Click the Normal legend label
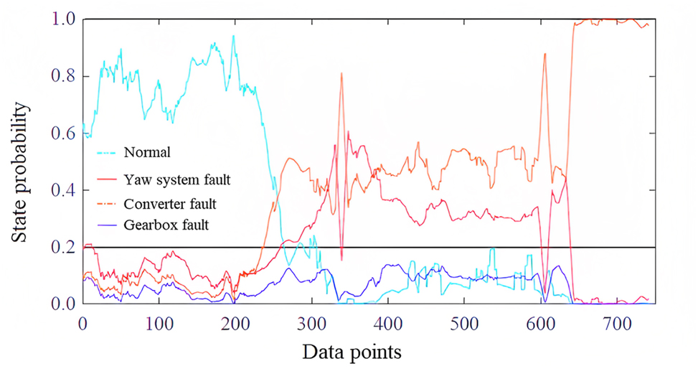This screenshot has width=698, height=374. [x=146, y=152]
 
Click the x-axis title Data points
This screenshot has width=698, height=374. [x=351, y=352]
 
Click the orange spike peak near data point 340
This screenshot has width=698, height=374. [x=341, y=73]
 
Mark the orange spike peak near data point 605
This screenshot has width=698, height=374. [x=544, y=54]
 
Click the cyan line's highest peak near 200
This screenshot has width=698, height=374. [x=233, y=36]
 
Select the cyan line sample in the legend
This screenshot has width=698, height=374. [x=108, y=152]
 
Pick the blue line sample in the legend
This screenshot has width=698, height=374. [x=108, y=225]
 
